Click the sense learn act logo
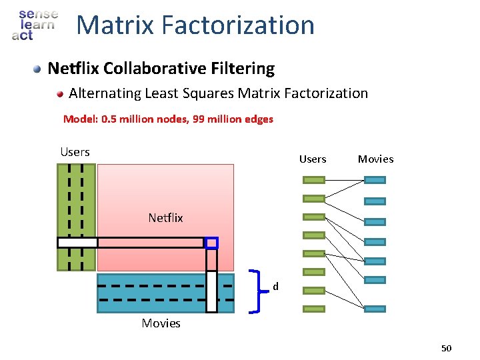(x=35, y=25)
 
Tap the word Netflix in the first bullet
(x=74, y=68)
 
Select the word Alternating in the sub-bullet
(x=105, y=93)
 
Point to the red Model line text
(x=168, y=119)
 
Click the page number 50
(x=446, y=348)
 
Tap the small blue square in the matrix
(x=211, y=243)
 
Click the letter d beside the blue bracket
(x=275, y=287)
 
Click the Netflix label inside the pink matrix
(x=165, y=217)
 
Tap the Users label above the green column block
(x=75, y=152)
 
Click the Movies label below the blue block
(x=161, y=323)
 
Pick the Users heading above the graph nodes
(x=313, y=159)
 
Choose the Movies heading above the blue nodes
(x=375, y=159)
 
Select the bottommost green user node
(x=314, y=309)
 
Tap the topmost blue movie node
(x=375, y=180)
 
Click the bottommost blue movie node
(x=375, y=309)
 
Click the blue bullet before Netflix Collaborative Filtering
(x=39, y=69)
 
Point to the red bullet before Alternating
(x=60, y=94)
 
